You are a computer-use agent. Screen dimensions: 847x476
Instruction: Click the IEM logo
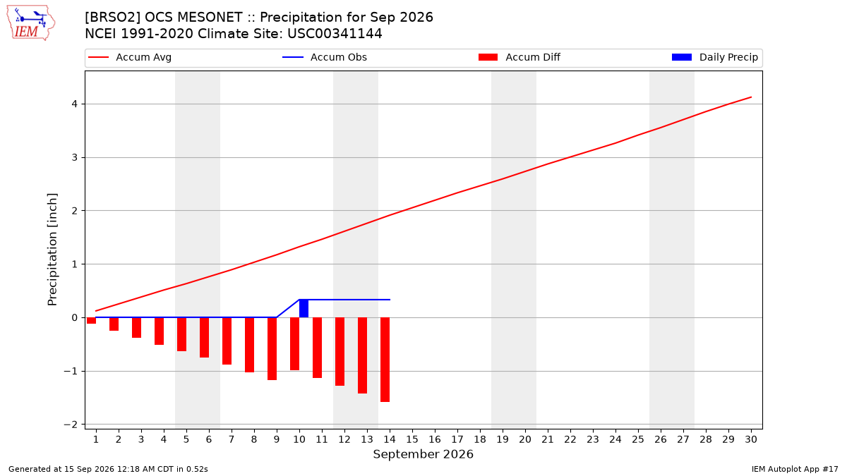tap(30, 23)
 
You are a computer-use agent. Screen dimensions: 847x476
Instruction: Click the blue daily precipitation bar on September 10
tap(304, 308)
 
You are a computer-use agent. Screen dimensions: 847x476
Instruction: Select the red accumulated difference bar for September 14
tap(385, 360)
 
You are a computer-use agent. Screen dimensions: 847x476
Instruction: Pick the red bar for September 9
tap(272, 348)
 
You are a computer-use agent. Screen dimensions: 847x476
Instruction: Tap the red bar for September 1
tap(91, 320)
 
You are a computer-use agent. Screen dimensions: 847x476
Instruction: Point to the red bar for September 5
tap(181, 334)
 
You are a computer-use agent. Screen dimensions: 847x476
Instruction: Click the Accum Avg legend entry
tap(130, 57)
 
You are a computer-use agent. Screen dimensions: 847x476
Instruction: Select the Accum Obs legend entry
tap(325, 57)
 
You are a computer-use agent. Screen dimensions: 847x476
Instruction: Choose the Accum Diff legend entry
tap(519, 57)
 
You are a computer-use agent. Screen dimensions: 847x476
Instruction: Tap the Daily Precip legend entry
tap(714, 57)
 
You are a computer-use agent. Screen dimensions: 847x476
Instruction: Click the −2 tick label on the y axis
tap(71, 425)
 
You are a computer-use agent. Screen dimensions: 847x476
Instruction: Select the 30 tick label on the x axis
tap(751, 439)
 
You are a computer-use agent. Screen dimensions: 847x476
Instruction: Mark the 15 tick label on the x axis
tap(412, 439)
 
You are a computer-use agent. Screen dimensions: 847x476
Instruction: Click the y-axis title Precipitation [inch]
tap(52, 250)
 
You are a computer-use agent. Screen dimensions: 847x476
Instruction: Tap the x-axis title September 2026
tap(423, 454)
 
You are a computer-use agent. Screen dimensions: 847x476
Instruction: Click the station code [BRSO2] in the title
tap(113, 18)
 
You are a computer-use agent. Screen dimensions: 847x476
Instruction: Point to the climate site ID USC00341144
tap(335, 34)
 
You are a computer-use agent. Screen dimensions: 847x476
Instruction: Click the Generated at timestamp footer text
tap(108, 469)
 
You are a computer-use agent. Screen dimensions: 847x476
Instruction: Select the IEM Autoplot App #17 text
tap(795, 469)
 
